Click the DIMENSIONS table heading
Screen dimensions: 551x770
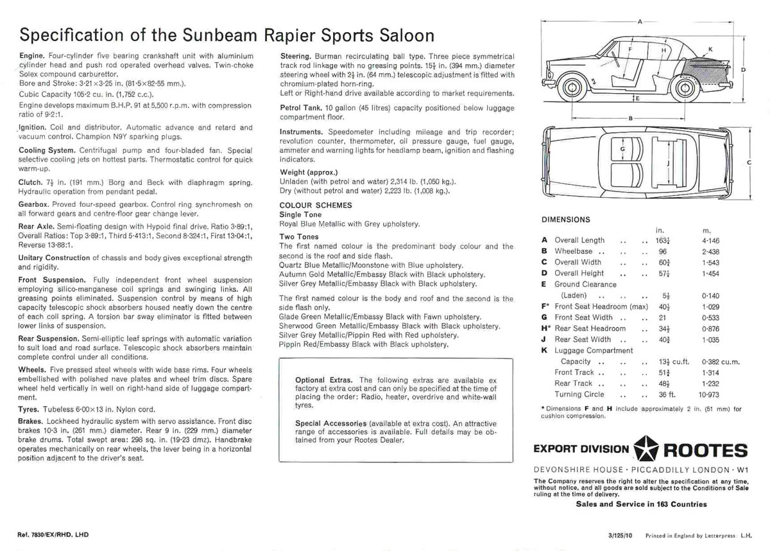(x=566, y=220)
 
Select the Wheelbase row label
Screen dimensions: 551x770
(x=575, y=251)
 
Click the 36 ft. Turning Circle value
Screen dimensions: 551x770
(x=666, y=394)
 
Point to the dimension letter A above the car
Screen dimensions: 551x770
(x=639, y=21)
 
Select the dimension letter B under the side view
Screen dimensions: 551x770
(x=631, y=119)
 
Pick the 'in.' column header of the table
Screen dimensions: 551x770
(x=658, y=230)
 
